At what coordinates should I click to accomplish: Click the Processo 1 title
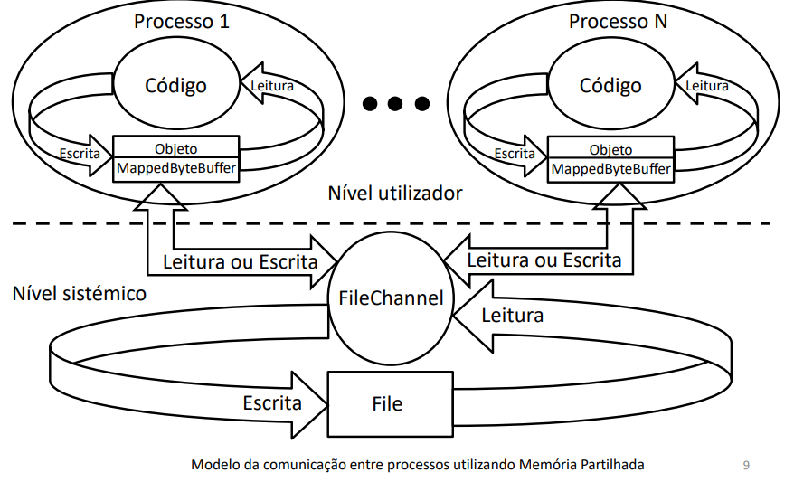click(x=181, y=22)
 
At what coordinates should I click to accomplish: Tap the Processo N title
click(x=618, y=22)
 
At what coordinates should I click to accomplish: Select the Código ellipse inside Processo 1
click(x=175, y=86)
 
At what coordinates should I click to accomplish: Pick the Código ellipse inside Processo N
click(x=610, y=86)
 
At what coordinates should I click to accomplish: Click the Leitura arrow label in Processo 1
click(x=271, y=86)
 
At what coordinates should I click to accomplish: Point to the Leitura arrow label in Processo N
click(x=706, y=86)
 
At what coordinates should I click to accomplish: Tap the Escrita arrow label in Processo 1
click(x=79, y=154)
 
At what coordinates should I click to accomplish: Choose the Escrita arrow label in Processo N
click(x=515, y=154)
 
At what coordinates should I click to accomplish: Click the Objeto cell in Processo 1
click(x=176, y=148)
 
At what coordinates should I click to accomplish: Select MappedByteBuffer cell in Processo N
click(x=611, y=169)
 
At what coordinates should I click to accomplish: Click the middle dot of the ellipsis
click(x=396, y=104)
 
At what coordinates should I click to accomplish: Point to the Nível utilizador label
click(x=395, y=194)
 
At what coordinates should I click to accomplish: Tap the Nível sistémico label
click(x=80, y=294)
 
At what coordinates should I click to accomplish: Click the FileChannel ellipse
click(x=392, y=297)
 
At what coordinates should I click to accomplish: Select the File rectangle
click(x=388, y=403)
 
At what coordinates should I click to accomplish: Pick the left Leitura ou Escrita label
click(x=240, y=262)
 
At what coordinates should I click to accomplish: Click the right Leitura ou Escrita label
click(x=544, y=260)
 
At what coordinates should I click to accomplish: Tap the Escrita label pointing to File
click(x=272, y=402)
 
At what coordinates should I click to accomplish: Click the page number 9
click(x=745, y=466)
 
